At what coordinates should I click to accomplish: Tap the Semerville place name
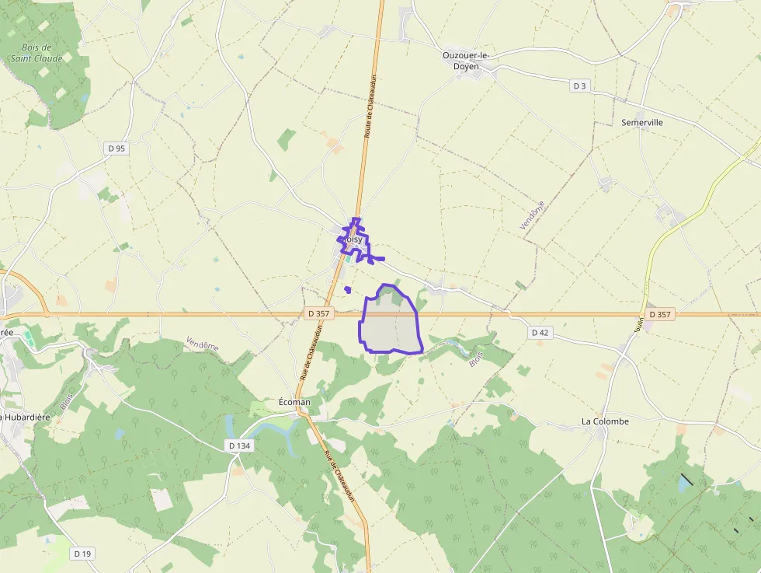642,122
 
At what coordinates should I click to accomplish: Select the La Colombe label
605,421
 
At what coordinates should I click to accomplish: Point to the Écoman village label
294,402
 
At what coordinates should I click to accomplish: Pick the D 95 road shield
116,148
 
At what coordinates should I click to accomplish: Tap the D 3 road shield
579,86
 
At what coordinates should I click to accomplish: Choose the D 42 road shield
540,333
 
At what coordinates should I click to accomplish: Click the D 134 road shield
240,445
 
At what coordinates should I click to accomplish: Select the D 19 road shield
82,554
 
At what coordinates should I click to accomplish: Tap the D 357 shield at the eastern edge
659,314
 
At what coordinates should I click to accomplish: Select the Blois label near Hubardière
68,400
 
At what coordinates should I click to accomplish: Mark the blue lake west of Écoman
229,426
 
